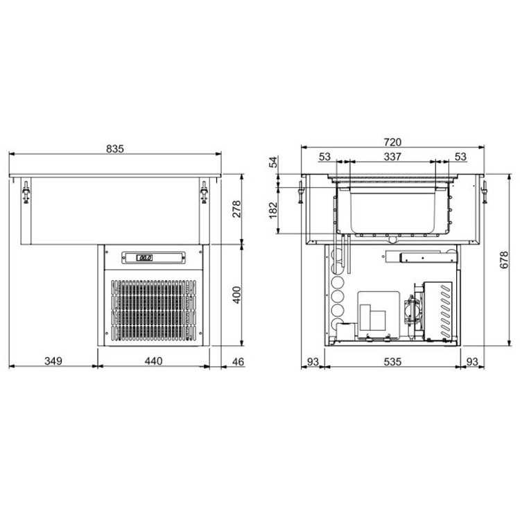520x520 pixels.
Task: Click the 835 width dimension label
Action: coord(114,149)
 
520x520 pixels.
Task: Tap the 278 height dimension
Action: coord(237,209)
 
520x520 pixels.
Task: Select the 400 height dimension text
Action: coord(237,295)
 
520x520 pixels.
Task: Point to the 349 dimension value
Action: coord(53,361)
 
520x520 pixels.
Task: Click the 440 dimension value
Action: coord(153,361)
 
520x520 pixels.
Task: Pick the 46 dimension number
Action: coord(238,361)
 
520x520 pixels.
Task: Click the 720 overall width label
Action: coord(392,142)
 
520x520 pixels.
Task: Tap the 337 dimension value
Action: coord(392,156)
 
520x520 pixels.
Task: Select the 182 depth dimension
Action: coord(273,210)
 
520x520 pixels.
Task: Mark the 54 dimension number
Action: coord(273,162)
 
